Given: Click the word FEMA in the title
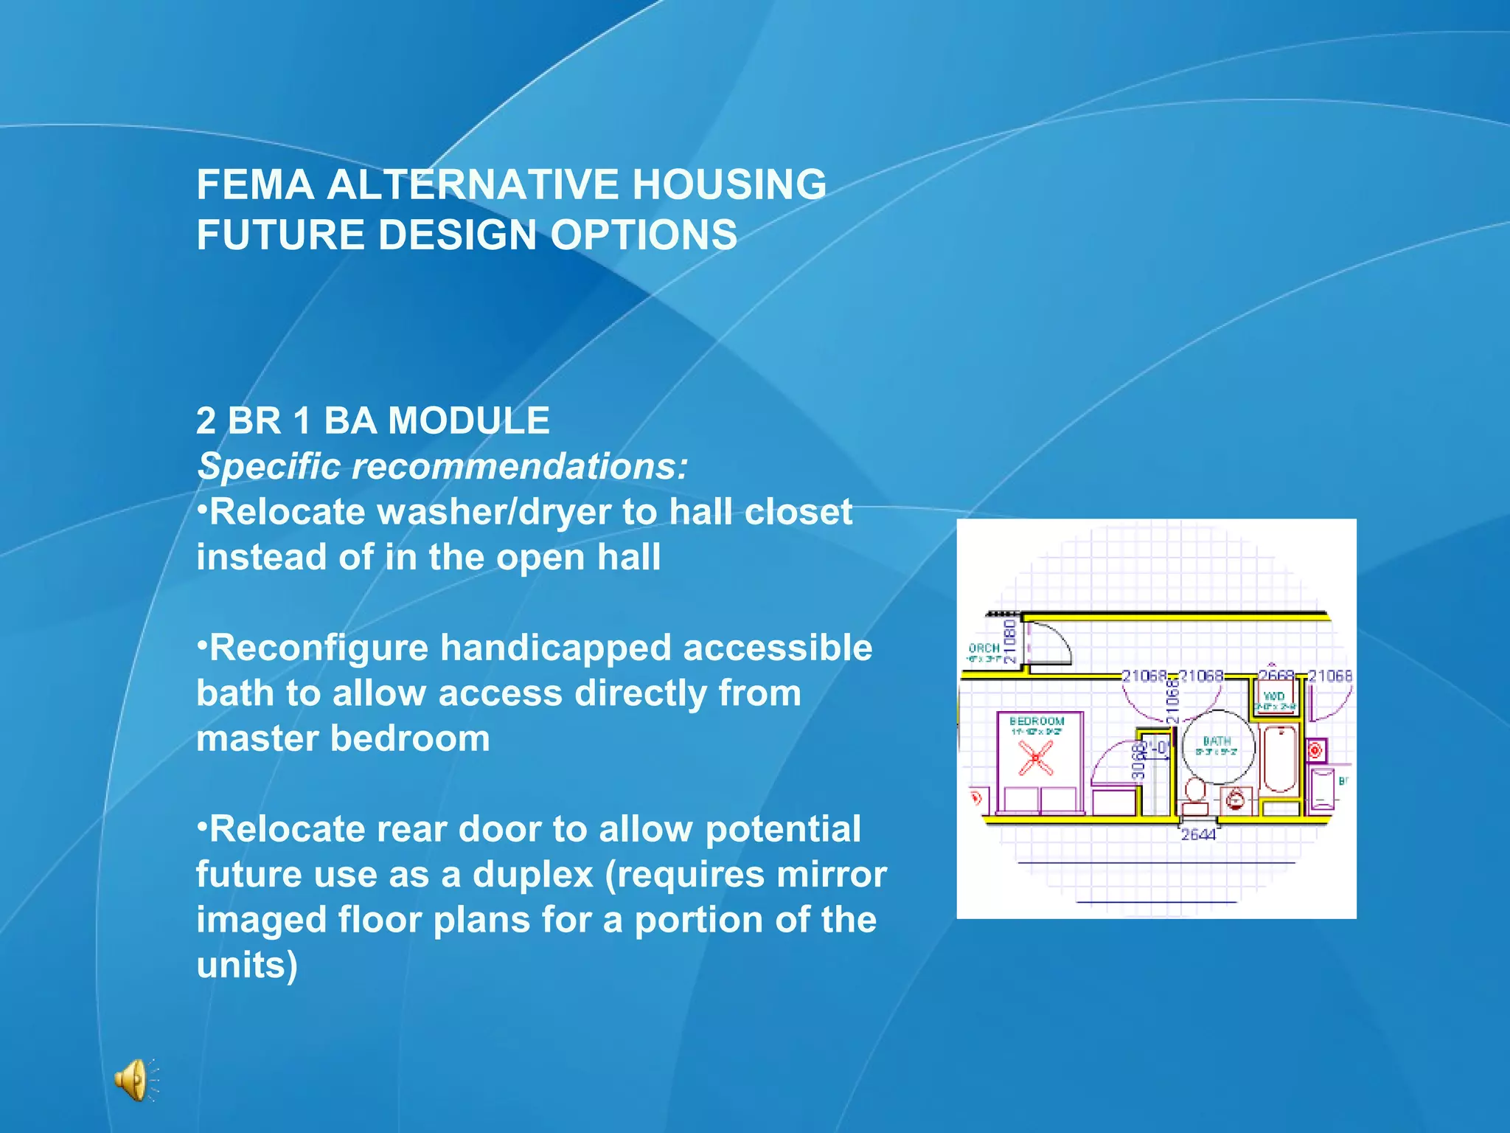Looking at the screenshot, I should tap(255, 184).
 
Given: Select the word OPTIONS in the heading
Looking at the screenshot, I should tap(644, 235).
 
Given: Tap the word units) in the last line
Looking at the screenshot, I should tap(247, 966).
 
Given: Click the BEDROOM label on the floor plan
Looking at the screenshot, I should tap(1036, 721).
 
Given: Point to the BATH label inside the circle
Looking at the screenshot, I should tap(1217, 741).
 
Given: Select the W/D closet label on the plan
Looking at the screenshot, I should tap(1274, 696).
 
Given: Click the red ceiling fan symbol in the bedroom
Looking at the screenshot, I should tap(1036, 758).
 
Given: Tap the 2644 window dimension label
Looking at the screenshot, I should tap(1198, 834).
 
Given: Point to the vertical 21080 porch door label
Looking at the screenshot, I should tap(1010, 640).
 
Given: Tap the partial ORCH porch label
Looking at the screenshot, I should tap(984, 648).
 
